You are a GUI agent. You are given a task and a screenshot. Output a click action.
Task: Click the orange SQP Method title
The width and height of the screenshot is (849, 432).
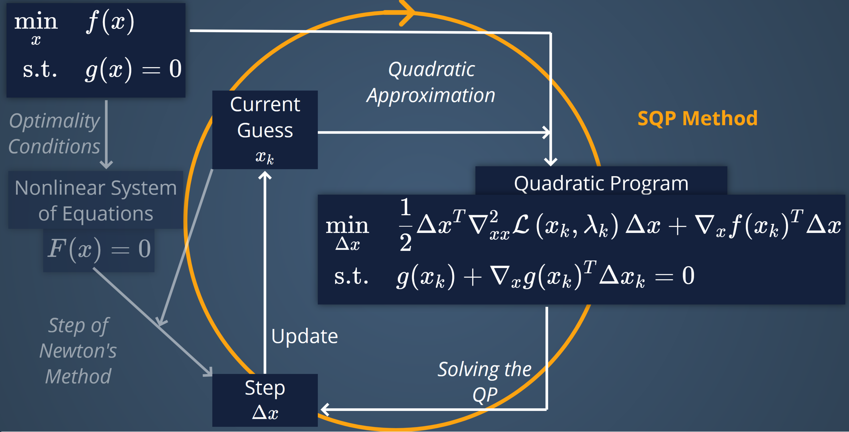point(697,118)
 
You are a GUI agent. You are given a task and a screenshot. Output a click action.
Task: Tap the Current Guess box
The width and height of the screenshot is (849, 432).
point(265,129)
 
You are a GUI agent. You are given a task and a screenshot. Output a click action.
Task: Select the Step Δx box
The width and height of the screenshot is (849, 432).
point(265,400)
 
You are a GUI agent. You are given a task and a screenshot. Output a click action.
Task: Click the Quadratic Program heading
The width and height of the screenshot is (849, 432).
point(601,183)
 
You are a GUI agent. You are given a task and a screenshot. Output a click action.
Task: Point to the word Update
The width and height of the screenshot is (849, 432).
point(305,336)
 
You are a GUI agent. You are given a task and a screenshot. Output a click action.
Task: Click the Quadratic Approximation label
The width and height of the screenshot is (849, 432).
point(431,82)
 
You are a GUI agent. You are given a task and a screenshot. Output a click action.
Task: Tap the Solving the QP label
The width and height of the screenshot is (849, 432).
point(484,382)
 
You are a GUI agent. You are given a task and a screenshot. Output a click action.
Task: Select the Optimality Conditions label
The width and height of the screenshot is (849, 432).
point(54,133)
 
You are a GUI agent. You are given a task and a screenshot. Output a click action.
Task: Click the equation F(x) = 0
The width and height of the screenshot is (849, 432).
point(99,249)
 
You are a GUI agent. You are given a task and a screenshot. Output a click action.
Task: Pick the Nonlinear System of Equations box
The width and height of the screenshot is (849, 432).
point(95,200)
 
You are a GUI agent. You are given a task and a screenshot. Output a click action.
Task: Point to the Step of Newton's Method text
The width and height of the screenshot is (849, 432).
point(78,351)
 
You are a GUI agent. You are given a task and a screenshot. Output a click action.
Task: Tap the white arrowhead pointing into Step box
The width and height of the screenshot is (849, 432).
point(325,409)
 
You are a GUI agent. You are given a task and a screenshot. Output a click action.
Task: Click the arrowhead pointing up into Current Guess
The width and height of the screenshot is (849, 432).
point(265,175)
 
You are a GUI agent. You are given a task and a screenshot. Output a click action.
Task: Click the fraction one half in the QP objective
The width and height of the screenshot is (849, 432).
point(405,225)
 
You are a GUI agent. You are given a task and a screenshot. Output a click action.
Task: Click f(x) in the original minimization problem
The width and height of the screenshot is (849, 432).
point(110,22)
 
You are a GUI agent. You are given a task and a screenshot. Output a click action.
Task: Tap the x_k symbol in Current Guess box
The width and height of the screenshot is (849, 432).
point(265,157)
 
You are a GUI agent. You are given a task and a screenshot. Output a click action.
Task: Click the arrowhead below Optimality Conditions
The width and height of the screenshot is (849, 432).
point(106,165)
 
